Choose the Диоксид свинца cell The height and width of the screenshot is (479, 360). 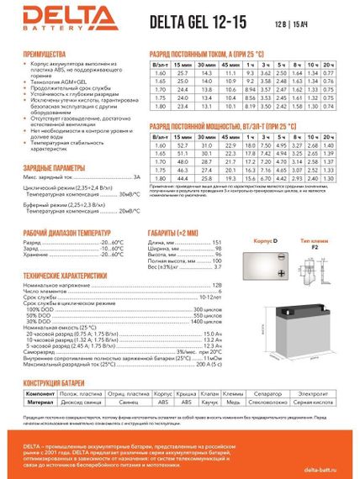pos(77,402)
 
